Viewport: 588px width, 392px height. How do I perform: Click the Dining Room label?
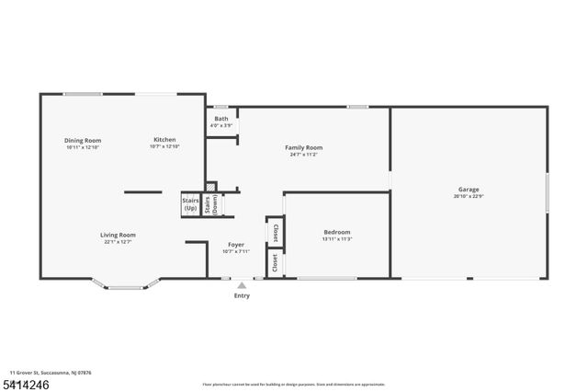83,140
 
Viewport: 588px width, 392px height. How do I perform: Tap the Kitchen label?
164,140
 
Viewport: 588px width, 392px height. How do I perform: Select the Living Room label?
118,235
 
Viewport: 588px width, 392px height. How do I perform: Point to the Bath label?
221,119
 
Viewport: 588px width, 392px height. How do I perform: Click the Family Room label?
303,147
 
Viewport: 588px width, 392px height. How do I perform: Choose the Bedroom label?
337,232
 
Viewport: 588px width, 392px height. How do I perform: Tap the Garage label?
469,190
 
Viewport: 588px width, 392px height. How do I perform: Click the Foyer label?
235,245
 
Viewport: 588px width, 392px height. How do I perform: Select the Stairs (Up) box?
190,204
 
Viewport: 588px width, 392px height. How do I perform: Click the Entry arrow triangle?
242,285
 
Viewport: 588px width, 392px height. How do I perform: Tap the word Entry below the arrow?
242,295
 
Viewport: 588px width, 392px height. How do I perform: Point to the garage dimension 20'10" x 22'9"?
469,196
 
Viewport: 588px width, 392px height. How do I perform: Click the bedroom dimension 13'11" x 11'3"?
337,238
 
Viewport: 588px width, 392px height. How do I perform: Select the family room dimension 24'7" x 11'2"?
303,154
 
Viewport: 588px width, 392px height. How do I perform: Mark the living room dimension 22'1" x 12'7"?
118,242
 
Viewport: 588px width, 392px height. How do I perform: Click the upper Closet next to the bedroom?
275,233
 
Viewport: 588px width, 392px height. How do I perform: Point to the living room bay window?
127,286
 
